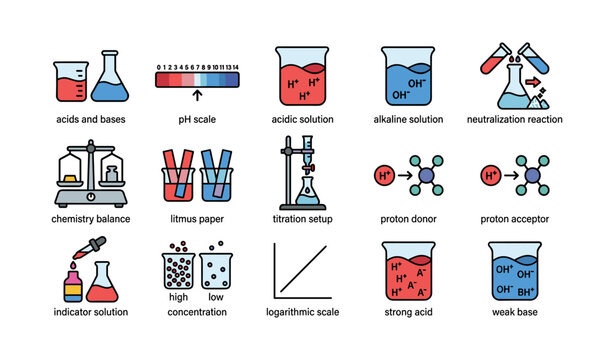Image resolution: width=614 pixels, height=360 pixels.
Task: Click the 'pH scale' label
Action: click(x=197, y=119)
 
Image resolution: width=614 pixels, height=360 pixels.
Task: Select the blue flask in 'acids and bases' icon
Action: click(x=109, y=79)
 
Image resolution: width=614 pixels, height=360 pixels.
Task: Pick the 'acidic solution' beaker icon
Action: click(x=303, y=76)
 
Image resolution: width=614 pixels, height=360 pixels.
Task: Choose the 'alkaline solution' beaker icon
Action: click(x=409, y=76)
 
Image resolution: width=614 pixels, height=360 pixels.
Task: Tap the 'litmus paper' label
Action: click(x=197, y=218)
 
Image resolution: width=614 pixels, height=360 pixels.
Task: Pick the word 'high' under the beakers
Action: click(x=177, y=297)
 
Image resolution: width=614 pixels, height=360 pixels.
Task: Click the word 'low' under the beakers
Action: click(x=215, y=297)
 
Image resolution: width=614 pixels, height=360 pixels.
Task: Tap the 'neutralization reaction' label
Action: click(x=515, y=119)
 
